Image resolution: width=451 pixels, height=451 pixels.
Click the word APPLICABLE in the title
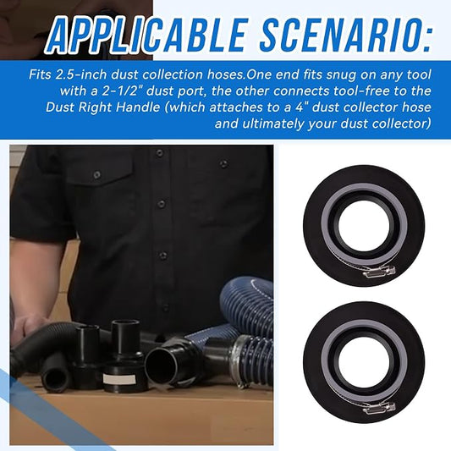[x=146, y=36]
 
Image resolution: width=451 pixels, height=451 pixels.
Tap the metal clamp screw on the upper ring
[x=378, y=272]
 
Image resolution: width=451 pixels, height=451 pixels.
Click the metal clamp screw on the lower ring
[x=378, y=408]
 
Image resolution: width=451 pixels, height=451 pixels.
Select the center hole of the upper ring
[x=364, y=223]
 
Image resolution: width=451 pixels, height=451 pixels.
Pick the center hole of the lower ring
[x=364, y=360]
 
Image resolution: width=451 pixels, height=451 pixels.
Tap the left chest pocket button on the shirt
[x=97, y=174]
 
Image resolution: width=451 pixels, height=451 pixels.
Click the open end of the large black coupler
[x=161, y=366]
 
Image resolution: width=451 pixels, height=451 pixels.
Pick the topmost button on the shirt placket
[x=158, y=152]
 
